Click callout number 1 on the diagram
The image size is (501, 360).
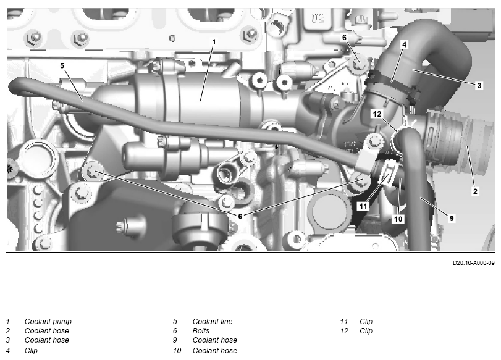214,42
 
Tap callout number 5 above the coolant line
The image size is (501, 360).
62,65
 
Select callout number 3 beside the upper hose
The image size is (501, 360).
479,85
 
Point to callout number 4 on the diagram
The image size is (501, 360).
404,44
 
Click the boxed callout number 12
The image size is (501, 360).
377,114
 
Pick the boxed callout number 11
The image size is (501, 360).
363,206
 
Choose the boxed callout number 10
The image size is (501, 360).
398,219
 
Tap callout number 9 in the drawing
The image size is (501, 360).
452,218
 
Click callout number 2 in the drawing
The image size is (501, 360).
475,191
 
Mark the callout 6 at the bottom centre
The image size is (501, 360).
240,216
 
